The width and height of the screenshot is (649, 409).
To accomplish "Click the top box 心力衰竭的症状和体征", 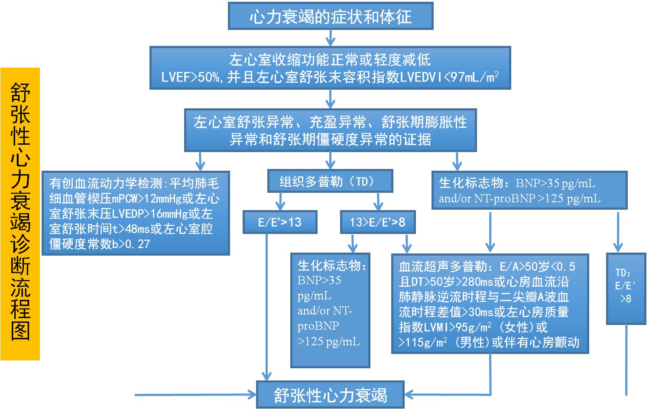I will pos(331,16).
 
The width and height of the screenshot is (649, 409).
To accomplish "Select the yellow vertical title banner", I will pos(20,214).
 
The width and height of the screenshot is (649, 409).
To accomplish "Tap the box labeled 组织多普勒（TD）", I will pos(330,181).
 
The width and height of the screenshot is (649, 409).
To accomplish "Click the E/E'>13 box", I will pos(280,222).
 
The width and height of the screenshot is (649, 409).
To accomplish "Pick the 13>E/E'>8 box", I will pos(377,222).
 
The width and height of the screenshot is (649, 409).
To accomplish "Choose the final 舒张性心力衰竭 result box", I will pos(330,395).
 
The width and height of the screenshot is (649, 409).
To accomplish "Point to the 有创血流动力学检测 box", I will pos(135,213).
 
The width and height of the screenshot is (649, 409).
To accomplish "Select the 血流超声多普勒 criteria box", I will pos(490,304).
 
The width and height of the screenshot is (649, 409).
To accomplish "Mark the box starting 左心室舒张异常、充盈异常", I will pos(330,130).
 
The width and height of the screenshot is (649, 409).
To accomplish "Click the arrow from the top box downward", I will pos(331,38).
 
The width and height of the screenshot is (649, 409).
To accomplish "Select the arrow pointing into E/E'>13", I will pos(280,202).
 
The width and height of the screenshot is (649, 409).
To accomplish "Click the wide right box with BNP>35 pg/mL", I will pos(529,190).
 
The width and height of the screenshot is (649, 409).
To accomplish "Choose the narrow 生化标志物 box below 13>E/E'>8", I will pos(330,310).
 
